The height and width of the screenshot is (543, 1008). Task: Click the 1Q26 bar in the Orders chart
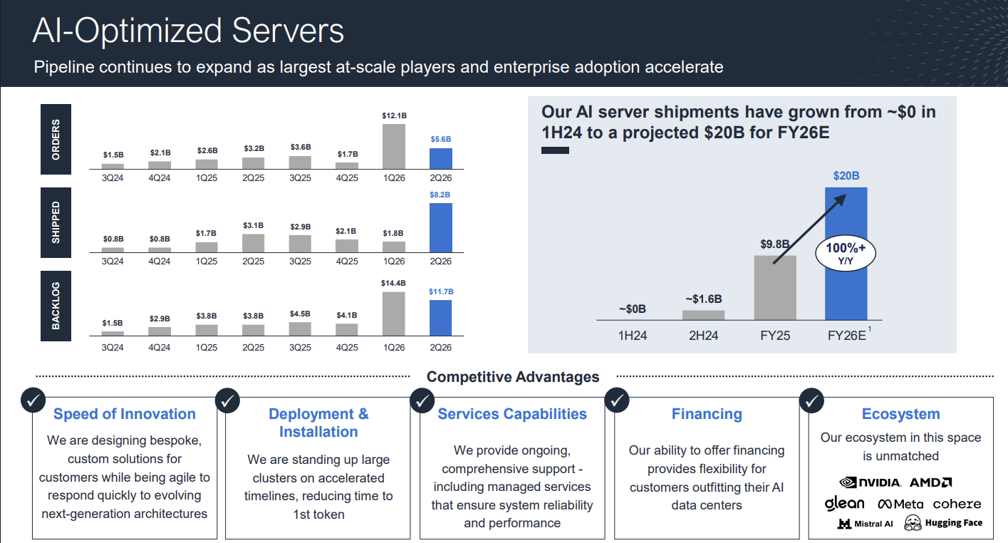click(x=394, y=146)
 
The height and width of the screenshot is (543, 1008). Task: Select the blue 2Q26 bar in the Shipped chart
click(x=441, y=228)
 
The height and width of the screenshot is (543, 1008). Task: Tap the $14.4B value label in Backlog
click(x=394, y=284)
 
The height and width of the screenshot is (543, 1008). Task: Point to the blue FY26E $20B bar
click(x=846, y=254)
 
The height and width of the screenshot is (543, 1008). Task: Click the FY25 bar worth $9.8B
click(x=774, y=288)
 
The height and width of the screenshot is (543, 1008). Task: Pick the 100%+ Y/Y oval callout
click(x=845, y=254)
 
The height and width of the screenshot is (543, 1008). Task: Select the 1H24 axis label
click(x=633, y=335)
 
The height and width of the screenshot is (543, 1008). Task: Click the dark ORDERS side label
click(x=56, y=140)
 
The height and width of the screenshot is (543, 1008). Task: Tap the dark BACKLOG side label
click(x=56, y=306)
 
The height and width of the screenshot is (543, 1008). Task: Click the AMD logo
click(x=931, y=482)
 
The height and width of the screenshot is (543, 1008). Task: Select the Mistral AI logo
click(x=865, y=524)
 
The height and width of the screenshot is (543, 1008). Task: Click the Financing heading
click(x=707, y=414)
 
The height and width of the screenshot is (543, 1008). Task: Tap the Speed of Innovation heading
click(x=125, y=414)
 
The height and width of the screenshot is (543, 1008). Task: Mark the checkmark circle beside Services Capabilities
click(x=421, y=400)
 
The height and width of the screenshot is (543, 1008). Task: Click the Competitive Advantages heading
click(x=513, y=377)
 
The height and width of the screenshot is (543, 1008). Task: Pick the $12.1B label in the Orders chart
click(x=394, y=115)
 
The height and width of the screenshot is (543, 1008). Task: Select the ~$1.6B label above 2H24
click(x=703, y=299)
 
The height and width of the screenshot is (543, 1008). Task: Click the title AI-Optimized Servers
click(x=189, y=31)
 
